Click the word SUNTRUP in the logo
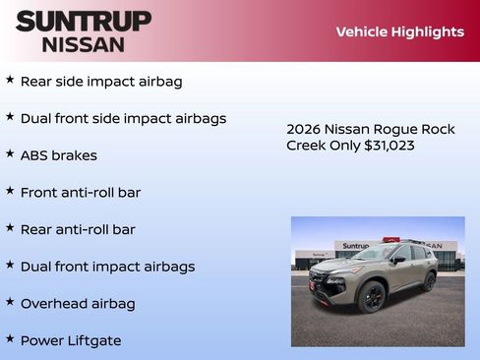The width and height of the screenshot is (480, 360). [84, 21]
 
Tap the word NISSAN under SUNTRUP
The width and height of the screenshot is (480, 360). [84, 44]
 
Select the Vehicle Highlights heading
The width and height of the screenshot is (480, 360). [399, 31]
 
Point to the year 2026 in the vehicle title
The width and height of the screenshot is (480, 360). [304, 129]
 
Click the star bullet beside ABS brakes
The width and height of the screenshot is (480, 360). [10, 153]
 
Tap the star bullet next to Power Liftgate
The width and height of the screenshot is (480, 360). [10, 338]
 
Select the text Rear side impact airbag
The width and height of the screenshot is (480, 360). [101, 82]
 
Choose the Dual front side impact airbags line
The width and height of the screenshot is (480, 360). [123, 118]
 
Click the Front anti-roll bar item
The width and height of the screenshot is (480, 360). [81, 193]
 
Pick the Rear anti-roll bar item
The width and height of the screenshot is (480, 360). [78, 229]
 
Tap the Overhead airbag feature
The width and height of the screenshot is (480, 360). [78, 304]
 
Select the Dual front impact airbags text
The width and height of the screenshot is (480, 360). [107, 267]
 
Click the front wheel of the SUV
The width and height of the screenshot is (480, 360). [372, 297]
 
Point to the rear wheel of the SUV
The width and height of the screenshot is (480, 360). [429, 281]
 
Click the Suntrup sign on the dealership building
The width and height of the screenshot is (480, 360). [355, 246]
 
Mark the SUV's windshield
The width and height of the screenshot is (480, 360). [374, 254]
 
